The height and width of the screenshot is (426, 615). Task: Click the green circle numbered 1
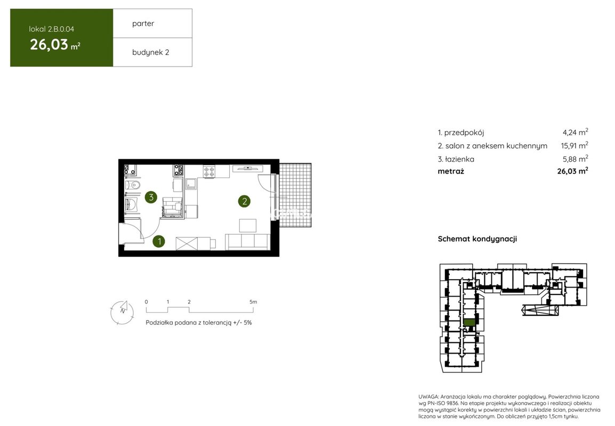point(159,241)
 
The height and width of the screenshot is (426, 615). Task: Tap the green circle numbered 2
point(245,201)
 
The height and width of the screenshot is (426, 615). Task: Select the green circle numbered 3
point(151,197)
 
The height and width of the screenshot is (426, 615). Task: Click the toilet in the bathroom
point(133,185)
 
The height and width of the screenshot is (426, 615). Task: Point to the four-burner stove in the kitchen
point(209,171)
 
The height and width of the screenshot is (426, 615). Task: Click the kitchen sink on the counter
point(191,183)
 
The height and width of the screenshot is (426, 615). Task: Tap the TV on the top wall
point(248,168)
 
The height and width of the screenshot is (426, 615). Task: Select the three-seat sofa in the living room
point(247,242)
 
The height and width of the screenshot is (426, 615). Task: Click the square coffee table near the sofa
point(247,226)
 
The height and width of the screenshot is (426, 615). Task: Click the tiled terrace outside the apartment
point(295,195)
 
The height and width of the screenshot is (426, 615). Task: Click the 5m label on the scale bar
point(253,302)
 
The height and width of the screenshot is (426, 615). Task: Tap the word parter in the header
point(143,23)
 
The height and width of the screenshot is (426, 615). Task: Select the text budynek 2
point(151,53)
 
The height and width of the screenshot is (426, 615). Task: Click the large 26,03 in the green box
point(49,45)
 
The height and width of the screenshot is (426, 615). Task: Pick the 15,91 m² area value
point(574,145)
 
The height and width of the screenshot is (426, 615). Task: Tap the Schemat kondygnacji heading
point(478,239)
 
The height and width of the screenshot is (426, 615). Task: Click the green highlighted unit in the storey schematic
point(469,323)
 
